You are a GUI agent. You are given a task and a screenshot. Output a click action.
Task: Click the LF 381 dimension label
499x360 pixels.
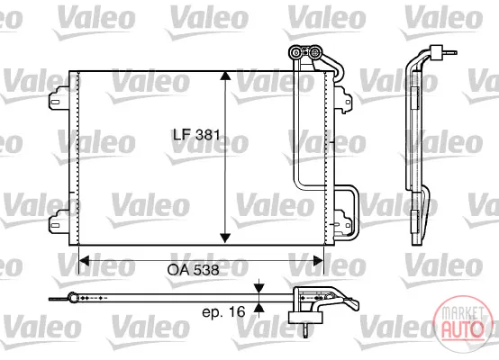196,135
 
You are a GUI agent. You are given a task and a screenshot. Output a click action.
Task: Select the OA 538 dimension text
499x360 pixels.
193,270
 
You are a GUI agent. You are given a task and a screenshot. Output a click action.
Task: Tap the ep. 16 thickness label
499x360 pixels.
223,311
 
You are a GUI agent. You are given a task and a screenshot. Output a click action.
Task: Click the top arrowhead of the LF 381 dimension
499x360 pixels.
225,76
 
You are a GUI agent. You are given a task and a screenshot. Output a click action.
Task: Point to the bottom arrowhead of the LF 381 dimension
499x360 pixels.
225,238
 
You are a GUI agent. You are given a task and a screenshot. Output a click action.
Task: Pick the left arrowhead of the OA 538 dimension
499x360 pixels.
84,261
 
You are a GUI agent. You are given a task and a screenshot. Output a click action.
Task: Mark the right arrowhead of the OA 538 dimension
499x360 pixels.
318,261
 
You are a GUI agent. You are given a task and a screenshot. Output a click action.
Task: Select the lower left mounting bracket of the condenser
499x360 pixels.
59,222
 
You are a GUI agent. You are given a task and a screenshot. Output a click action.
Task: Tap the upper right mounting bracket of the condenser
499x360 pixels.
343,99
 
